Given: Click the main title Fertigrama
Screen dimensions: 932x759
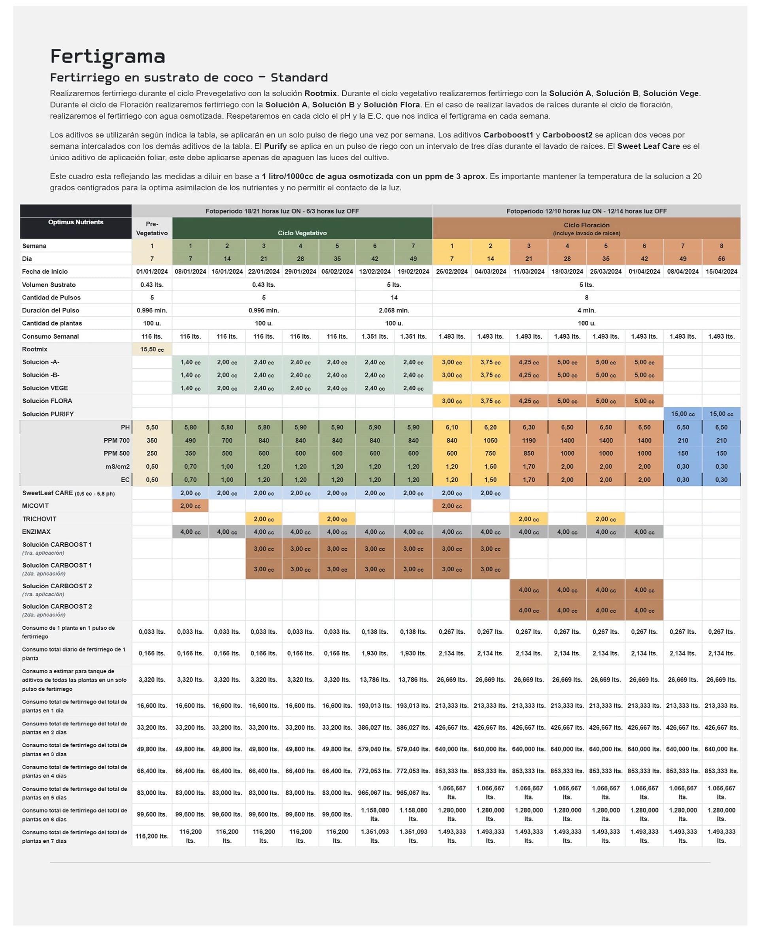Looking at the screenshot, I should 108,57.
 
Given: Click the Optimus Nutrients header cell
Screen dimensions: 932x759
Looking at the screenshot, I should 76,222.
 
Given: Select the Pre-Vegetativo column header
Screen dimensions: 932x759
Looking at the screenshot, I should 152,228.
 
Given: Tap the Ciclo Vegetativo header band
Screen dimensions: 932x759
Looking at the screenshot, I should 302,233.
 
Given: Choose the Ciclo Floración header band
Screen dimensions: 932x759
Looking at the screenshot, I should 586,228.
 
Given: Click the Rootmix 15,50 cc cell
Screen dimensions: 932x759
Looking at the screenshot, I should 152,350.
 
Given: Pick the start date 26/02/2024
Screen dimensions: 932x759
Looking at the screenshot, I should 451,272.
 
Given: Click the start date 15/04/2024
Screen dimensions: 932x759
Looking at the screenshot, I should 721,272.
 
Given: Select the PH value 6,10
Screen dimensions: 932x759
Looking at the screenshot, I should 451,428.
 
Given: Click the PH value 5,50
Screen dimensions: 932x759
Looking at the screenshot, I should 152,428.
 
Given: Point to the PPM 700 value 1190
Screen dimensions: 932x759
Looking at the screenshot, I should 529,441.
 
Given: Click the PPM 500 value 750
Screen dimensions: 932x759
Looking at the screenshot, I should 490,454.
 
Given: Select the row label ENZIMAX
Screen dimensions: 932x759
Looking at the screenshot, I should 36,532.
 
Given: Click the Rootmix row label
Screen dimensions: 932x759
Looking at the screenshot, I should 34,350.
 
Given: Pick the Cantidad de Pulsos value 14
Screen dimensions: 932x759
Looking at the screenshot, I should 393,297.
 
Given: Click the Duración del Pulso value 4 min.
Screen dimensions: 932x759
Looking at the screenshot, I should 586,311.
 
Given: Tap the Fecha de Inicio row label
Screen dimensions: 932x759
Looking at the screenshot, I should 45,272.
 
